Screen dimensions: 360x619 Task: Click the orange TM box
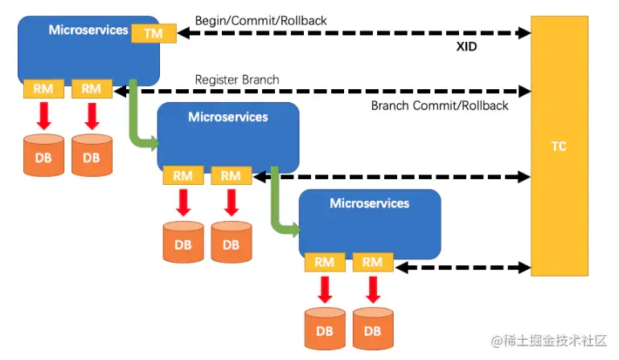click(x=154, y=33)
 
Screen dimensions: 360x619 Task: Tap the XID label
click(x=465, y=47)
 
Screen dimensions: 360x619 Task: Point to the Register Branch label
click(x=237, y=80)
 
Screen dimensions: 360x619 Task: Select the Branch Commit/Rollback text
click(x=439, y=105)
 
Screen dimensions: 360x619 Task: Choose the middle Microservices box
click(x=228, y=135)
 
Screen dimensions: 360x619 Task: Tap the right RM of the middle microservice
click(x=231, y=175)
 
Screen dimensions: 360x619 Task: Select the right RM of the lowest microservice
click(x=372, y=262)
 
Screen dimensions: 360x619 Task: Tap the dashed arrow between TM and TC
click(x=354, y=34)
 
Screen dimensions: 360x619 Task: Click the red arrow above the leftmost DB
click(x=43, y=115)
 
